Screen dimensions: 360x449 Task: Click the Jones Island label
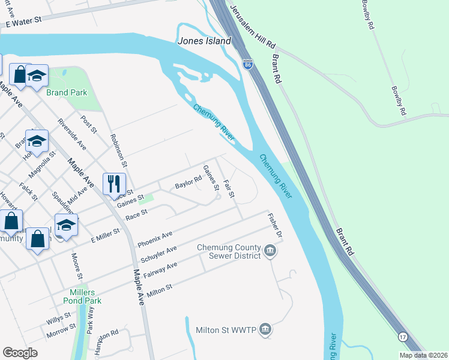(204, 41)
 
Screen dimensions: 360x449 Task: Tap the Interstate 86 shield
(247, 64)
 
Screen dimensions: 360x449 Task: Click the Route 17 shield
(402, 337)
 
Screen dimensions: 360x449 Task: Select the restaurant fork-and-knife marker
(114, 184)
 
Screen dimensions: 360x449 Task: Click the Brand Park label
(67, 92)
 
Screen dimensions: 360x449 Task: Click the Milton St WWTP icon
(265, 330)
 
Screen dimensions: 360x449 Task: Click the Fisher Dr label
(275, 225)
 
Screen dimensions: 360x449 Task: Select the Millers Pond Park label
(84, 296)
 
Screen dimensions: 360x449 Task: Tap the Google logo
(20, 353)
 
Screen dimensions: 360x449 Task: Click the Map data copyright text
(423, 355)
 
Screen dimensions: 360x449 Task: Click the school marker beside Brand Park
(37, 76)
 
